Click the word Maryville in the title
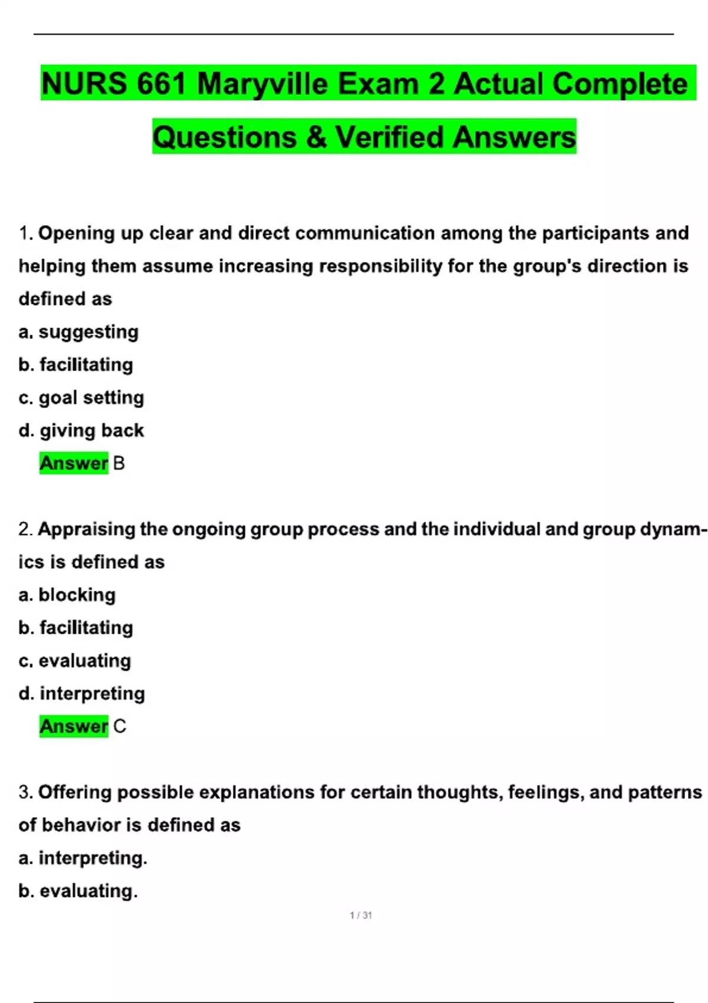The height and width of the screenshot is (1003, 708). [x=262, y=84]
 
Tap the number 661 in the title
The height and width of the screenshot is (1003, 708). [x=162, y=84]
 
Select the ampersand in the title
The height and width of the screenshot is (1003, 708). [x=316, y=137]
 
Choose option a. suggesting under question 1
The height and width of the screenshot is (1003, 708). [x=78, y=332]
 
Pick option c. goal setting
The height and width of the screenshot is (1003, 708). [x=81, y=398]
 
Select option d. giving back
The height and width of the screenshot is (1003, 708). [x=81, y=431]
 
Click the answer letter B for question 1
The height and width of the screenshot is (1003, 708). [x=119, y=464]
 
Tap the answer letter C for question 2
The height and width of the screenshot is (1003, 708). [x=119, y=726]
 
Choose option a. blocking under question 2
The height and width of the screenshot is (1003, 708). [x=67, y=595]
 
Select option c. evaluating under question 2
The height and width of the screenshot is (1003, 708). [x=74, y=661]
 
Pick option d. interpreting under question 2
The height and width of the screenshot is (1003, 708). [x=81, y=693]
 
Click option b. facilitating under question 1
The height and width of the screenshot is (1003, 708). [x=76, y=365]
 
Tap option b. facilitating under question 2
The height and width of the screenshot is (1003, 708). [x=76, y=628]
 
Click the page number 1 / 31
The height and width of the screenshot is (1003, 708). [x=360, y=915]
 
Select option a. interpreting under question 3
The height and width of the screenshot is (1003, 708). [x=83, y=858]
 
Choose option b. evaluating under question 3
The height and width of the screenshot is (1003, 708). [x=78, y=891]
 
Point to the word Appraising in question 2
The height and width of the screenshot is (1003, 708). [x=87, y=529]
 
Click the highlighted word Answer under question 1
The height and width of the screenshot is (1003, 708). [x=74, y=464]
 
